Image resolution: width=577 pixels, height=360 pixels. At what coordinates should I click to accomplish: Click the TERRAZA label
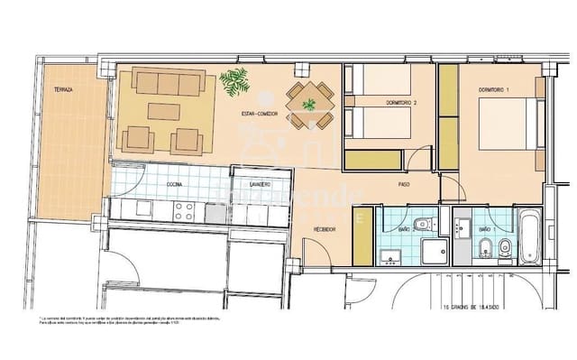pyautogui.click(x=62, y=89)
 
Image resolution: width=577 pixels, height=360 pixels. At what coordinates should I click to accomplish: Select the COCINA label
pyautogui.click(x=174, y=183)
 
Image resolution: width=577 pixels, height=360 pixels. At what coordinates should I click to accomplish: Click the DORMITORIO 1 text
pyautogui.click(x=495, y=89)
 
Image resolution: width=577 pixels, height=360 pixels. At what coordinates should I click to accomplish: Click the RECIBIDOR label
pyautogui.click(x=325, y=229)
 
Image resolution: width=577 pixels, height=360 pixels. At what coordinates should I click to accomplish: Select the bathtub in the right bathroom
pyautogui.click(x=528, y=236)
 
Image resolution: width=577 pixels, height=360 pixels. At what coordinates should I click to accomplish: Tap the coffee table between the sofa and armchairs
pyautogui.click(x=162, y=112)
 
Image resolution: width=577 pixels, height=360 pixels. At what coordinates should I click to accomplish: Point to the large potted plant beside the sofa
pyautogui.click(x=235, y=84)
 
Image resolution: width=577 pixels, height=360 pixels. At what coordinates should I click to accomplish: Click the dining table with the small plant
pyautogui.click(x=309, y=104)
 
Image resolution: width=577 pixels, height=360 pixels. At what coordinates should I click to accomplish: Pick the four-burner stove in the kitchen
pyautogui.click(x=185, y=211)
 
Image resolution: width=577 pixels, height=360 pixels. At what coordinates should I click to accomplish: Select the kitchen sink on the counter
pyautogui.click(x=215, y=213)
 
